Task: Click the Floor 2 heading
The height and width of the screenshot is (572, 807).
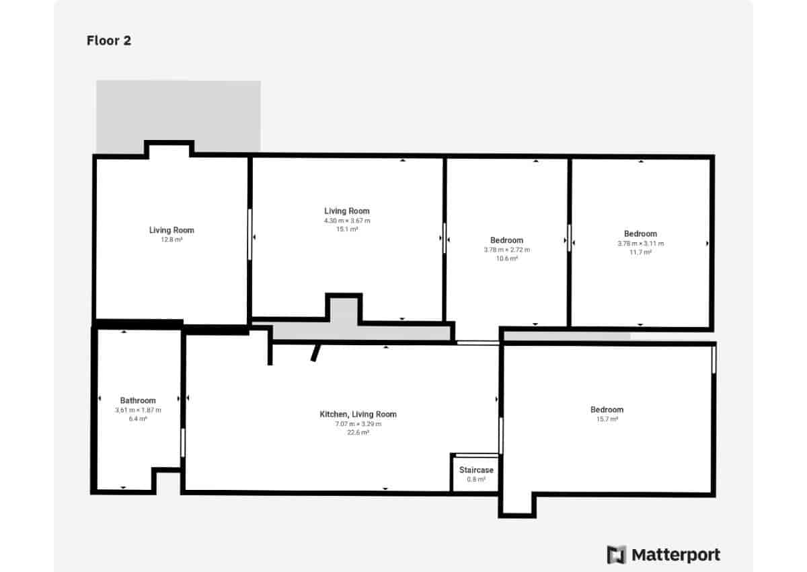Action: tap(109, 40)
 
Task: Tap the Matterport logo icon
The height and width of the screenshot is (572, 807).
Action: tap(616, 555)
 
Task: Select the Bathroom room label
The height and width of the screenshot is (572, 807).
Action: tap(138, 400)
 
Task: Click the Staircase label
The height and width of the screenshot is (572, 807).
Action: tap(476, 470)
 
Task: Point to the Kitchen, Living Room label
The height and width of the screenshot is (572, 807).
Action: tap(358, 415)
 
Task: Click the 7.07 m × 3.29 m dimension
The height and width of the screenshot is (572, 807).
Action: tap(358, 424)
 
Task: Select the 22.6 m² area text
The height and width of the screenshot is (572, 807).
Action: tap(358, 433)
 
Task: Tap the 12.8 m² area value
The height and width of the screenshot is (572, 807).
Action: tap(171, 240)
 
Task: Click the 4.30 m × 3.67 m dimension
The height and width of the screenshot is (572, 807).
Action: tap(347, 220)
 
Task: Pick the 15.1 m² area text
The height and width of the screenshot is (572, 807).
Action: tap(347, 229)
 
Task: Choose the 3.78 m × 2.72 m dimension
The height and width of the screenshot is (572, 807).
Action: tap(506, 250)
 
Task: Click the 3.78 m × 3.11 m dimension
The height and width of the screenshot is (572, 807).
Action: tap(640, 244)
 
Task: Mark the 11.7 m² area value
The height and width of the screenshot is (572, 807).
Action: tap(640, 252)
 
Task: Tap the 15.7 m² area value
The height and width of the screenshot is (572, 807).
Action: tap(607, 419)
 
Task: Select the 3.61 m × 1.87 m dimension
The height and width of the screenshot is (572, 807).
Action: tap(138, 410)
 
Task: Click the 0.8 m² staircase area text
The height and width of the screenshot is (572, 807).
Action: tap(476, 479)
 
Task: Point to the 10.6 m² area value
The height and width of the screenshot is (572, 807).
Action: tap(506, 258)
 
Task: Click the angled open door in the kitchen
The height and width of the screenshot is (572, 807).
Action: tap(315, 353)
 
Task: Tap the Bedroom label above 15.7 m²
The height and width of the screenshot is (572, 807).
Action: tap(607, 409)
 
